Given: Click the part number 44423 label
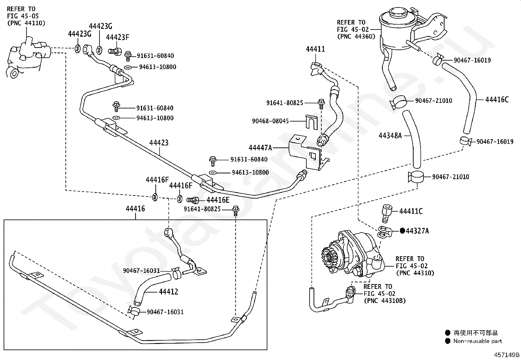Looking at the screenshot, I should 159,143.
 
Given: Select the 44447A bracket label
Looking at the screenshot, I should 260,148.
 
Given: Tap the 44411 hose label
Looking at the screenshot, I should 315,49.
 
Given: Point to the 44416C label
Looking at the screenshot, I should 497,100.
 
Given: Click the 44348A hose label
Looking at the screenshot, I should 390,135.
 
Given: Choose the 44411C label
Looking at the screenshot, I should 411,211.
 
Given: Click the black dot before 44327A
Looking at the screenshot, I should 402,231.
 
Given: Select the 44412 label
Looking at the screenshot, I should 169,292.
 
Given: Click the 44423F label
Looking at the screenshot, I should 117,37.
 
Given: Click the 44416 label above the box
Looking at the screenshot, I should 135,209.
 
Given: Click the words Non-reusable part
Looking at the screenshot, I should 477,341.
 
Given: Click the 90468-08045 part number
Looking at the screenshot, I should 270,121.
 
